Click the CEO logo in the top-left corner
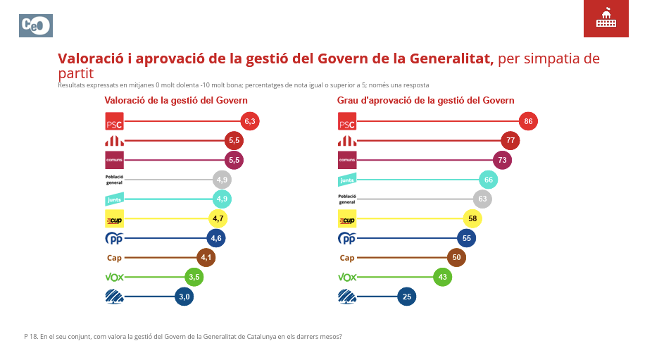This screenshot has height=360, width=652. [35, 25]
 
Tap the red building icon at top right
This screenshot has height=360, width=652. [606, 19]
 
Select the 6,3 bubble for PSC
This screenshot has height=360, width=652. [250, 121]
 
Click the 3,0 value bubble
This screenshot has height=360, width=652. [184, 297]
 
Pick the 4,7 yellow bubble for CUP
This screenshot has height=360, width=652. [218, 218]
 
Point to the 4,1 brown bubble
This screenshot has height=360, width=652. [206, 258]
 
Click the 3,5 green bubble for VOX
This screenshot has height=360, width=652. [195, 277]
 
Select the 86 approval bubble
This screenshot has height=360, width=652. [528, 121]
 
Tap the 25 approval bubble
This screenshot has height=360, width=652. [406, 297]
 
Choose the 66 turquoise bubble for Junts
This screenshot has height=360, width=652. [488, 180]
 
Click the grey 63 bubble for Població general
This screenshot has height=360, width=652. [482, 199]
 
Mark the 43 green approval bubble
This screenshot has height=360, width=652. [442, 277]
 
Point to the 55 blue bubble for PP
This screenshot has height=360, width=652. [466, 238]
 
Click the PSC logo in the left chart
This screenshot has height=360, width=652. [114, 121]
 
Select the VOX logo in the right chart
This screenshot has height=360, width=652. [347, 277]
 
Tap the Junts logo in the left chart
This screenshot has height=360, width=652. [114, 199]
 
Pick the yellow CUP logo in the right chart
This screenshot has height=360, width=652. [347, 218]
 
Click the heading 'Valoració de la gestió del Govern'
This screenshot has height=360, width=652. [176, 100]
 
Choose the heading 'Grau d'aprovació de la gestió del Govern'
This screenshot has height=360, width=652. [425, 100]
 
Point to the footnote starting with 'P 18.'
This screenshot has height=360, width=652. [183, 336]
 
